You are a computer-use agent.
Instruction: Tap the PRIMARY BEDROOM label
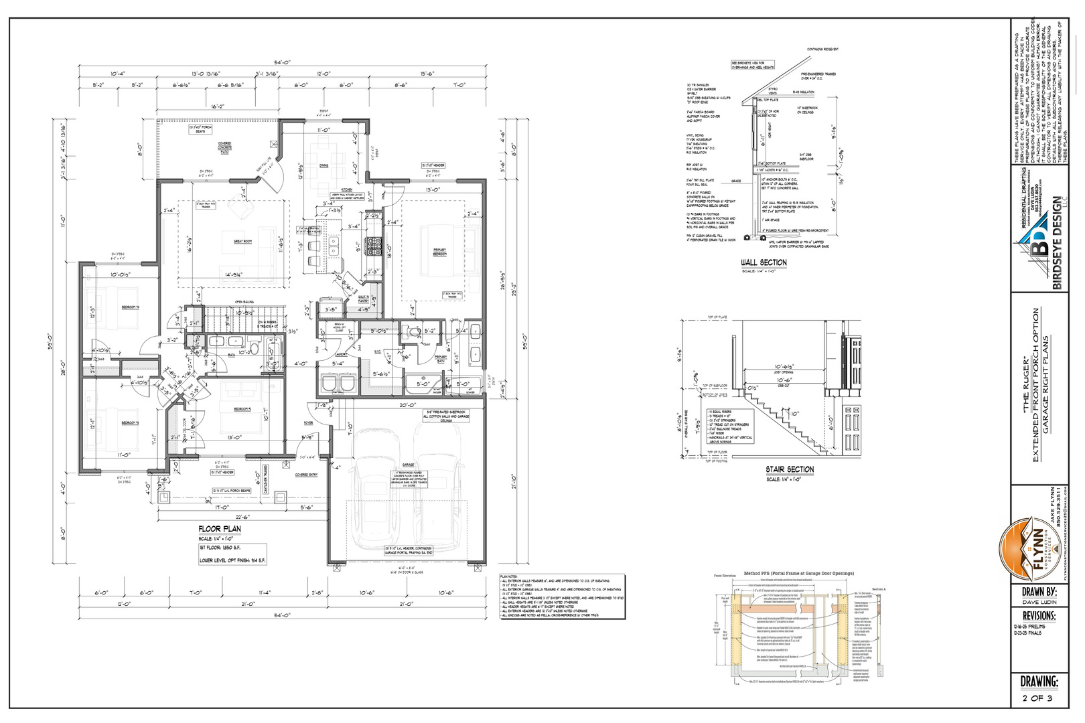point(439,252)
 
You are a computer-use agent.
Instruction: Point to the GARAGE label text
point(408,465)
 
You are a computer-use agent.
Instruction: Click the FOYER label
point(309,423)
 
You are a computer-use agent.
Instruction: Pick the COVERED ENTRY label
point(307,475)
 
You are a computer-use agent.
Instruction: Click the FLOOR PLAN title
point(220,529)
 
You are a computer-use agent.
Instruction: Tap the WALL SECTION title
point(764,262)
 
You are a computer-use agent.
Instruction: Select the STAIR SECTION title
point(790,469)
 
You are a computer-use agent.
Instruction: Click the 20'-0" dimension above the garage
point(408,406)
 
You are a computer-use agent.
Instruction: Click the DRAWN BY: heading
point(1039,592)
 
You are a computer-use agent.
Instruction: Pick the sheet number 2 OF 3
point(1037,698)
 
